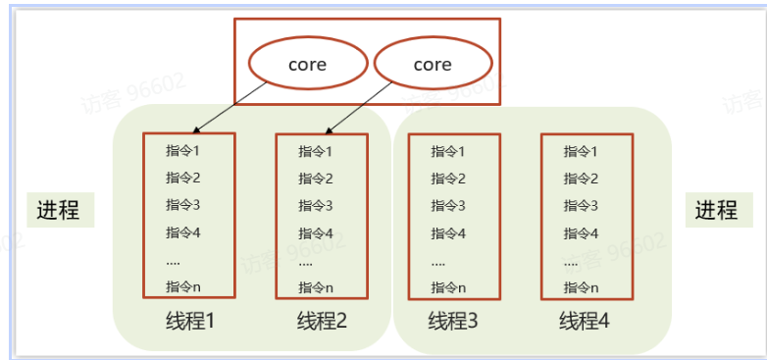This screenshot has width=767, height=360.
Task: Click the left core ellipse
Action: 307,65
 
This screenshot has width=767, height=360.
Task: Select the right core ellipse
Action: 432,65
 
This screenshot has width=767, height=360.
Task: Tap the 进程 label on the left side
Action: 58,210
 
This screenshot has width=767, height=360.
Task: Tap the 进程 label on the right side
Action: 716,210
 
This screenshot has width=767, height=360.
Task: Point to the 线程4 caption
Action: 585,321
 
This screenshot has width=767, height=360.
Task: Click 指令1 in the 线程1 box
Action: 183,150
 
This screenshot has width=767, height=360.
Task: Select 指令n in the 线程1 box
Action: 183,285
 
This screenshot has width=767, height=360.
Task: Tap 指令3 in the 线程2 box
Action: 316,206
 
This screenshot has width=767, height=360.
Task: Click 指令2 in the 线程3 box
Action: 448,179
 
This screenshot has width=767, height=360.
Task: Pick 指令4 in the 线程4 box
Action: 581,233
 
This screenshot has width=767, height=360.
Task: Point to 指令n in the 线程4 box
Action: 581,287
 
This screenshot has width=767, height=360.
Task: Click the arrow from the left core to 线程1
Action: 230,107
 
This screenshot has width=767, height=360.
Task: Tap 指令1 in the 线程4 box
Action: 581,151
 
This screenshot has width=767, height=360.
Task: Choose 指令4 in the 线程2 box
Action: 316,233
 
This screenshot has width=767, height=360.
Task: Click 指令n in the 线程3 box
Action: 448,287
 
